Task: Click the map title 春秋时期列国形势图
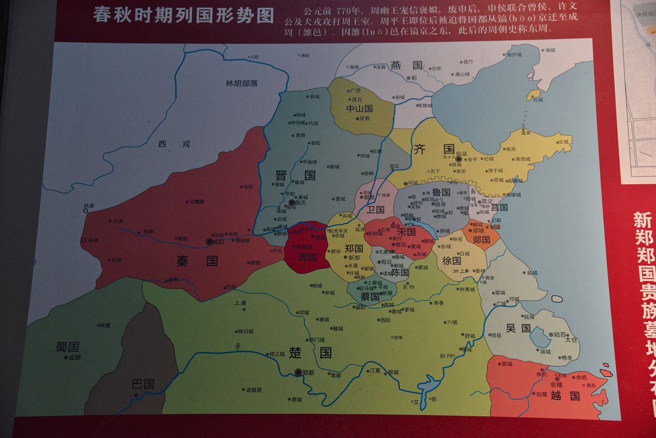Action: click(183, 15)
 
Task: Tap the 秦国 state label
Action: click(197, 261)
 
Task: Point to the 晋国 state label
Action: click(295, 176)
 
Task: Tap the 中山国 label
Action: click(359, 108)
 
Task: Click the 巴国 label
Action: click(143, 383)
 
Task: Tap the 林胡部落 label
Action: click(242, 84)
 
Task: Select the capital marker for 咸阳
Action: click(208, 241)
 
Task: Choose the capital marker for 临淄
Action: click(459, 159)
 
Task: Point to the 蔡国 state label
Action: click(370, 296)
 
